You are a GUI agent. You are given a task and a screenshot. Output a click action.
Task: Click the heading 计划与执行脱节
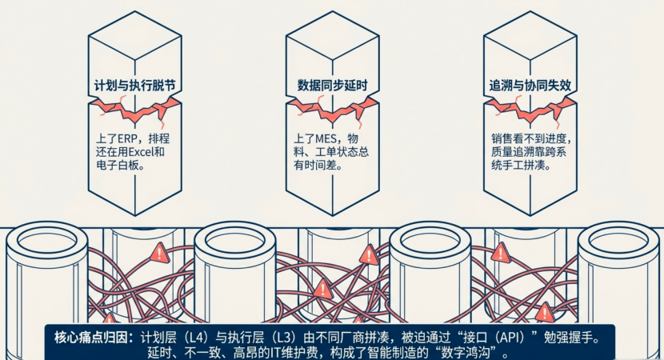pos(134,86)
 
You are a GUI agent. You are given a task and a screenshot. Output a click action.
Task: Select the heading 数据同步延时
pos(333,86)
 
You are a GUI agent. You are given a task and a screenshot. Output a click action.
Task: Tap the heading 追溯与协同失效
pos(530,86)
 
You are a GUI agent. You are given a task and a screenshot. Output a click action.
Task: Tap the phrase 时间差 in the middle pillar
pos(322,165)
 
